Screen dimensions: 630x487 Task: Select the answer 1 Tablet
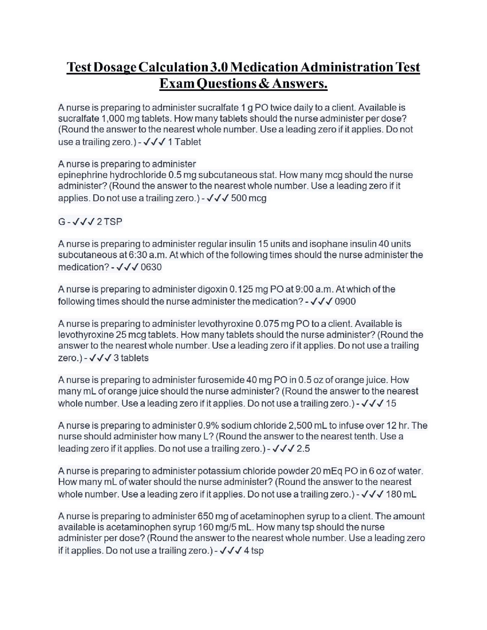click(x=184, y=142)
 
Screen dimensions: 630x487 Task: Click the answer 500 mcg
click(x=248, y=198)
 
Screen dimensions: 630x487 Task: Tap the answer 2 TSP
click(x=110, y=222)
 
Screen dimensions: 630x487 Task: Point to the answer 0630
click(x=151, y=267)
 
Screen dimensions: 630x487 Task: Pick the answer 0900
click(x=345, y=302)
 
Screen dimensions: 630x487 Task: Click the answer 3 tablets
click(x=131, y=358)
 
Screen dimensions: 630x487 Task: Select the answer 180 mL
click(x=401, y=494)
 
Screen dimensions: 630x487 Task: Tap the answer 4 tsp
click(x=254, y=550)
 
